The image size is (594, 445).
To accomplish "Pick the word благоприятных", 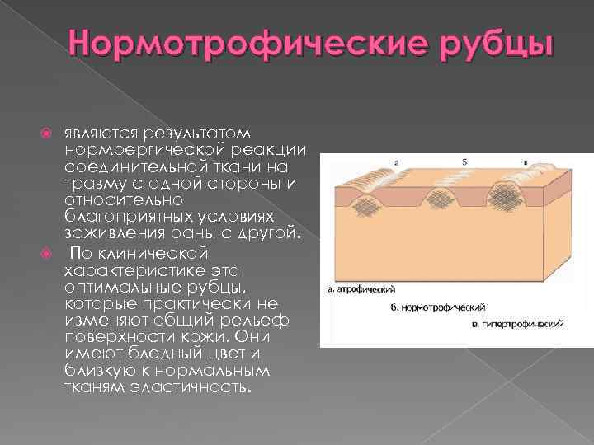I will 125,217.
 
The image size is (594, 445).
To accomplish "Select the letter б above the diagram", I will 464,162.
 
